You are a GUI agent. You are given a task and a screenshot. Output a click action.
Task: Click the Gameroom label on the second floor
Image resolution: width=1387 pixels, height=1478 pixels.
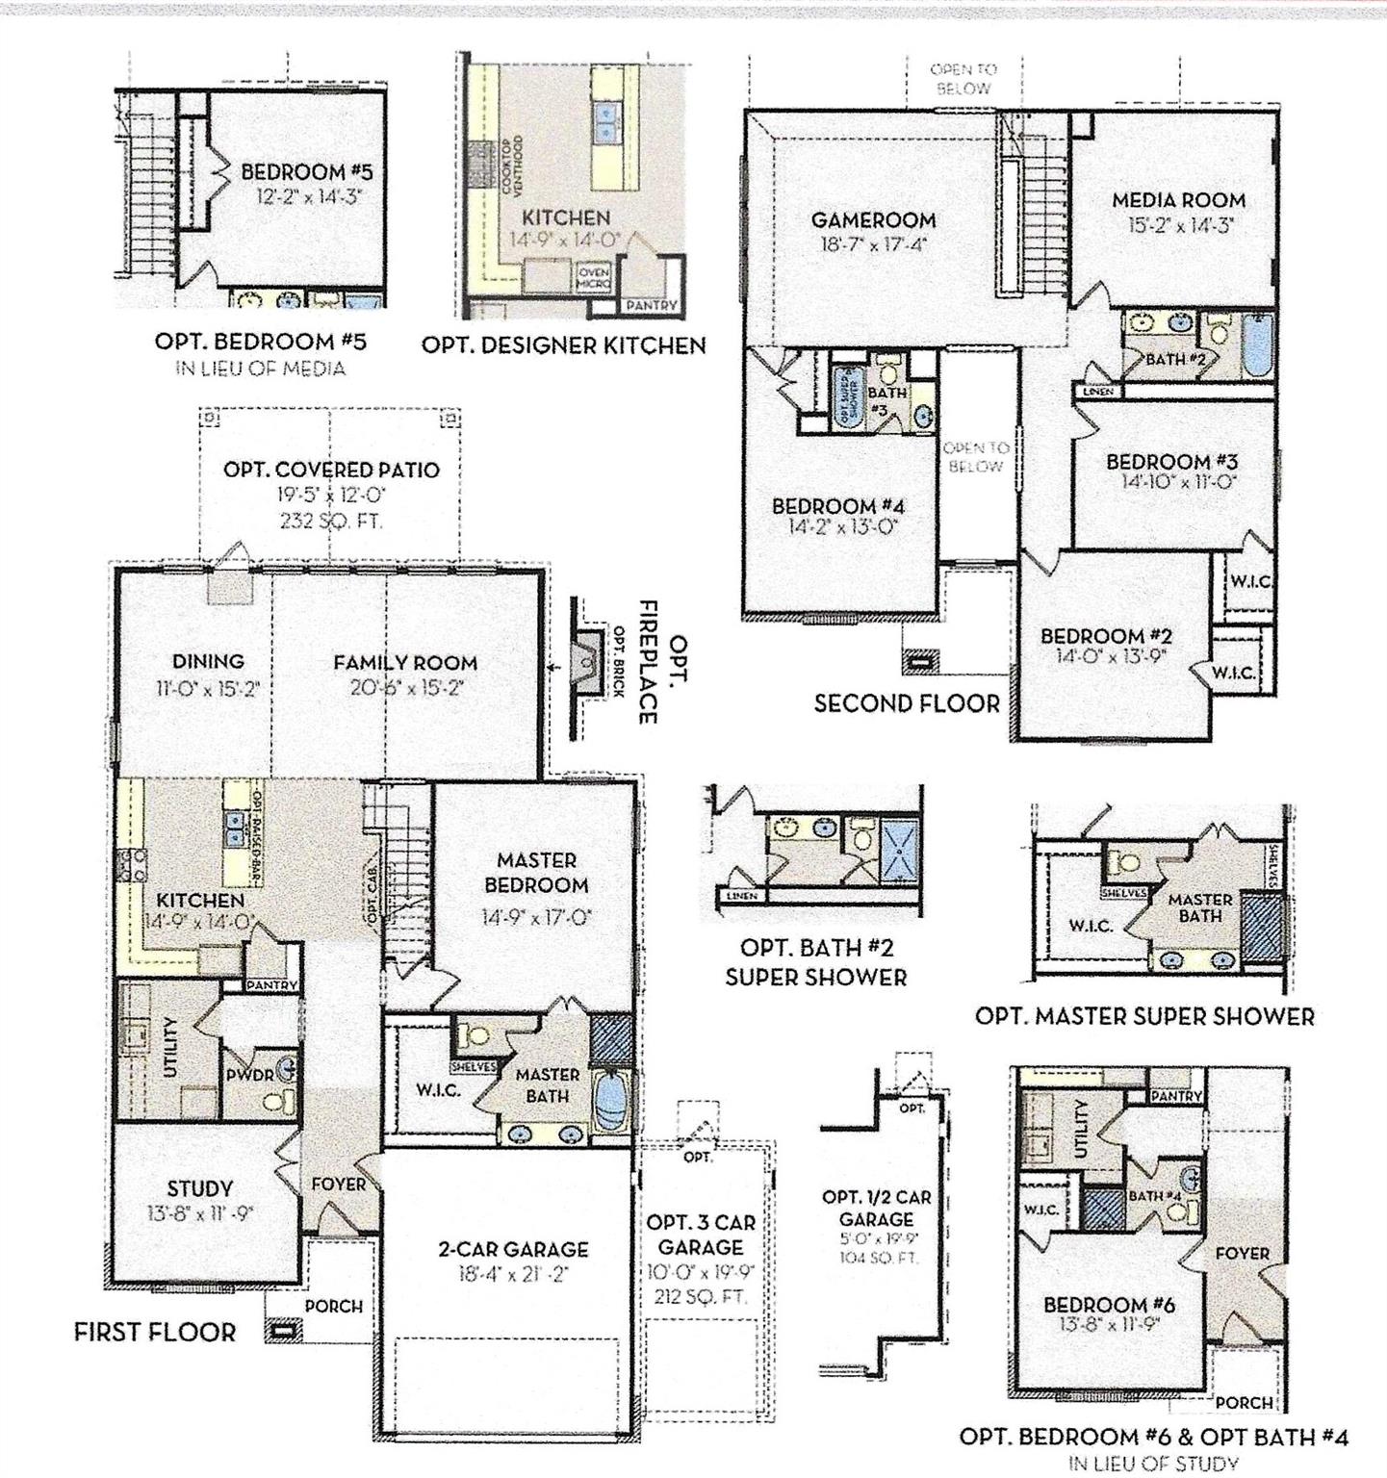[x=872, y=220]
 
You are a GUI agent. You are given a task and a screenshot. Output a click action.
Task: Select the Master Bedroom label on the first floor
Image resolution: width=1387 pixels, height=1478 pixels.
[x=536, y=873]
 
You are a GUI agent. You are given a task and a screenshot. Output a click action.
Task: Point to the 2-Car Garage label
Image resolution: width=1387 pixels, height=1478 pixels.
[x=513, y=1249]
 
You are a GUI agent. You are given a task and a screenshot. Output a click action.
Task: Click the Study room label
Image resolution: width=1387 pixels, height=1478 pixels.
[x=200, y=1189]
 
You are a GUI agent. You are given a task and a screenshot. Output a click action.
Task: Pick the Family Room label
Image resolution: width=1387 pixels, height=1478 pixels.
[x=405, y=663]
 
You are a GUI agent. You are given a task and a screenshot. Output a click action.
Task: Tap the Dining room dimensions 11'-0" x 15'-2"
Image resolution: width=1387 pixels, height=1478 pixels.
[x=209, y=688]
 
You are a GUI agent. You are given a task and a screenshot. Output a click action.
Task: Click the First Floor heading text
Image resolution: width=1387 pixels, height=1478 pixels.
[x=155, y=1332]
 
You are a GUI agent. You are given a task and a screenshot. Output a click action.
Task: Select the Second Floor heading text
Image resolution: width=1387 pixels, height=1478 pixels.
[x=907, y=703]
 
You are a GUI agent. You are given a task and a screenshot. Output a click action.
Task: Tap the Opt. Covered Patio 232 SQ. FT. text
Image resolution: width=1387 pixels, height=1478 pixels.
[x=331, y=522]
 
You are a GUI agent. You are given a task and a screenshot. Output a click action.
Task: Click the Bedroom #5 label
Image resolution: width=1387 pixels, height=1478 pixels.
[x=306, y=173]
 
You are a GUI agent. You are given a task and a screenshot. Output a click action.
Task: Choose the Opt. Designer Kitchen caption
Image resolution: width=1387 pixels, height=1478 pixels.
[x=564, y=344]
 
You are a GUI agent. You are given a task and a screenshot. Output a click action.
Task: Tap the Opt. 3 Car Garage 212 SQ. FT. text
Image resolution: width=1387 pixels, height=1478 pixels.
[x=700, y=1296]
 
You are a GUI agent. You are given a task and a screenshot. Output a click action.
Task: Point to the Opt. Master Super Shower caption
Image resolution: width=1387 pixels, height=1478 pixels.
[x=1144, y=1016]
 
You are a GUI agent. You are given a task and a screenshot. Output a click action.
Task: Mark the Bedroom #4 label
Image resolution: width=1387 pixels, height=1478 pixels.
[x=838, y=506]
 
